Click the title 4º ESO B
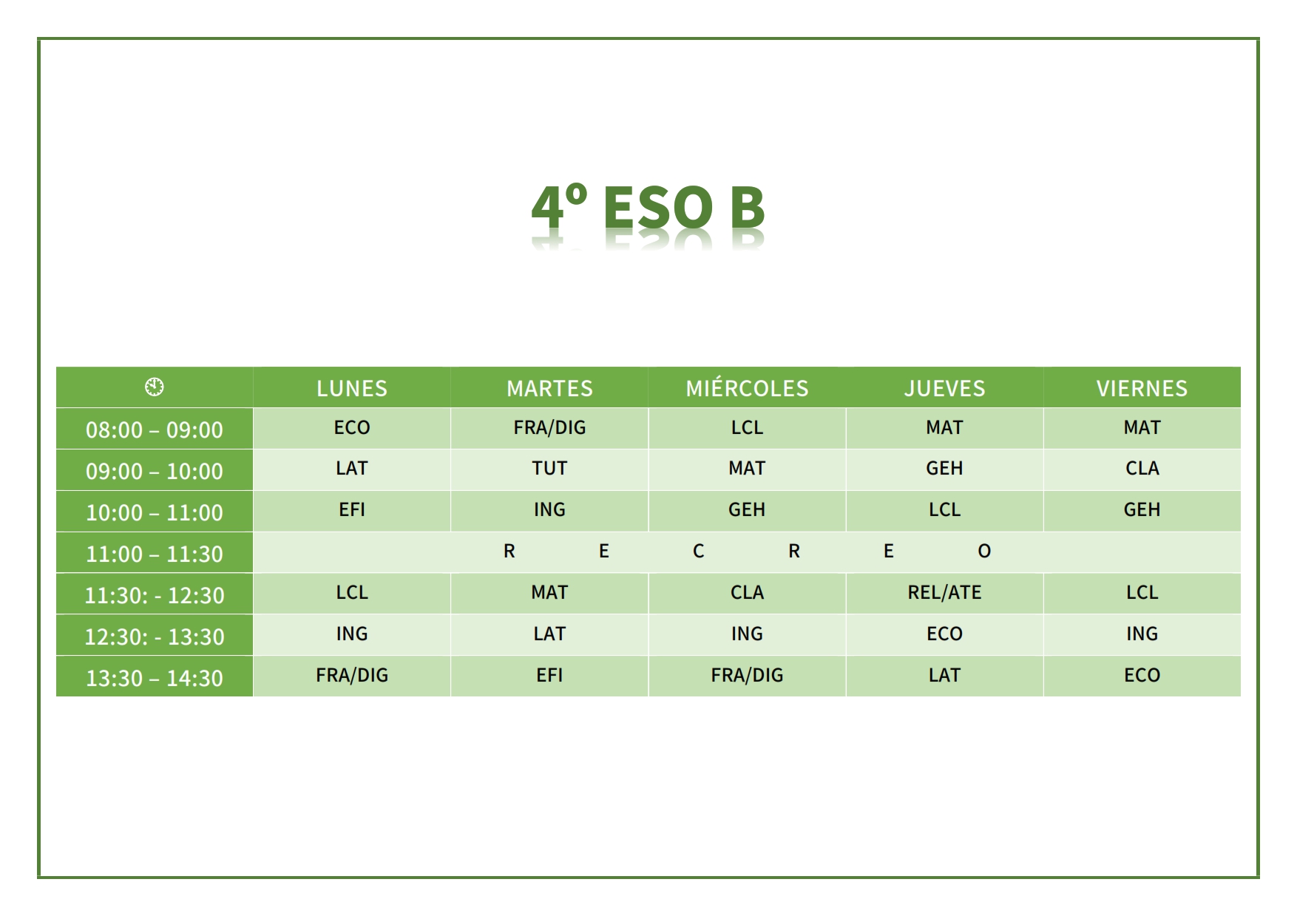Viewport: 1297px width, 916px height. coord(648,207)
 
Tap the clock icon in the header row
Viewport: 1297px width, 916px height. coord(155,387)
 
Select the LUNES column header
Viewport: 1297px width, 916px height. coord(352,388)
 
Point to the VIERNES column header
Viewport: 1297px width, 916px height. coord(1142,388)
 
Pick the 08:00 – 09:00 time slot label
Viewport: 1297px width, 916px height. coord(155,430)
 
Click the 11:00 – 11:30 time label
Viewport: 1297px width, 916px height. coord(155,554)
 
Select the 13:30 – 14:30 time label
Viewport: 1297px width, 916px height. coord(155,678)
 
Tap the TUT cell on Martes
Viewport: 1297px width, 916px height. coord(549,468)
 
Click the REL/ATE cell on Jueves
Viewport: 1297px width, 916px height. coord(944,592)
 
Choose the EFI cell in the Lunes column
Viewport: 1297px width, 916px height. coord(352,509)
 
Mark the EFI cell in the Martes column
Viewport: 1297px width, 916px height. coord(549,675)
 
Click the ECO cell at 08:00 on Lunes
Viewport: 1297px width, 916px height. coord(352,427)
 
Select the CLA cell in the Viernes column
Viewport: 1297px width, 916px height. coord(1142,468)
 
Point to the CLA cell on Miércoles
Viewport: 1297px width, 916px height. coord(747,592)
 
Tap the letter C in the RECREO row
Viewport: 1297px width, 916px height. coord(698,551)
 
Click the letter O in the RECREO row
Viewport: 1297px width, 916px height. coord(984,551)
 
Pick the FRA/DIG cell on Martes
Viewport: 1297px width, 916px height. coord(549,427)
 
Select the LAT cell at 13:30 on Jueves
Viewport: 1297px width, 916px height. coord(944,675)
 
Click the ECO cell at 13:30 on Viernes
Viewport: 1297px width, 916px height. coord(1142,675)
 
